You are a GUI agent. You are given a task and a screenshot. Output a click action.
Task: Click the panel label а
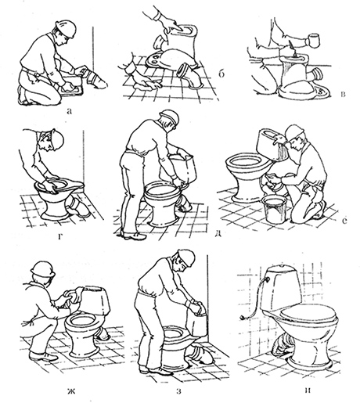coord(69,111)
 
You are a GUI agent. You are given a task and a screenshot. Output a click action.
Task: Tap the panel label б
coord(221,74)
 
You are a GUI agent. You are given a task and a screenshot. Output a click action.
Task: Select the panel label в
coord(344,94)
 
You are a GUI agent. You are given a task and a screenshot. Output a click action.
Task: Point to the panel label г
coord(60,236)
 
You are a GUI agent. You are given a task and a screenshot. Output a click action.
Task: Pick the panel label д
coord(218,234)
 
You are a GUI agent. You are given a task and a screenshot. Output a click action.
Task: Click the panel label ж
coord(71,391)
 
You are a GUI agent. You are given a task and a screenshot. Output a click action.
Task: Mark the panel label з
coord(178,391)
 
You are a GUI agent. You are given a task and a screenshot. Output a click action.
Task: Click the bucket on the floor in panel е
coord(275,209)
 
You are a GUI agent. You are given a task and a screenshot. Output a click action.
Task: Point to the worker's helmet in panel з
coord(187,258)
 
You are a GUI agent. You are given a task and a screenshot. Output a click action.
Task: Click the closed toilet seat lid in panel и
coord(308,312)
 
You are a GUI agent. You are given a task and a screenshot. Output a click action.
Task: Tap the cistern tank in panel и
coord(284,288)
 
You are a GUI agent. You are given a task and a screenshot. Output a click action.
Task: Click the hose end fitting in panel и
coord(243,317)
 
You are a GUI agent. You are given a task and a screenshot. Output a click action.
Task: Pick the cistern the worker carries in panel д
coord(182,167)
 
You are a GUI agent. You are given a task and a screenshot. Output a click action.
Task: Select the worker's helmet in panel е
coord(296,132)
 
